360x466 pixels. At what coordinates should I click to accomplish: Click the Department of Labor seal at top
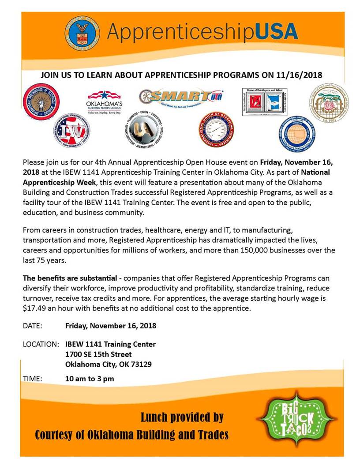[82, 32]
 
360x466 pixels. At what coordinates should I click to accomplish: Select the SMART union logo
[181, 96]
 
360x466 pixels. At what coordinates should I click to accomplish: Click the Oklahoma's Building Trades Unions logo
[104, 102]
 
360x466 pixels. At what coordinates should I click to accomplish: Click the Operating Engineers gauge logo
[216, 130]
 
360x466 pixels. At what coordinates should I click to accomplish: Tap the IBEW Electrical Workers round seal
[41, 101]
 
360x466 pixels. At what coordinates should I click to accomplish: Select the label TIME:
[32, 378]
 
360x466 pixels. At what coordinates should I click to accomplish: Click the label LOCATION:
[41, 344]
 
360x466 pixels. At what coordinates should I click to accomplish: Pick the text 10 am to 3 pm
[90, 378]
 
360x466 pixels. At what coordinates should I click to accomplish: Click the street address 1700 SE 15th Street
[98, 354]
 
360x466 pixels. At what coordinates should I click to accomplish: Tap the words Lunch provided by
[182, 417]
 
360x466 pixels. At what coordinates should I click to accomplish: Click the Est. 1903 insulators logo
[329, 104]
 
